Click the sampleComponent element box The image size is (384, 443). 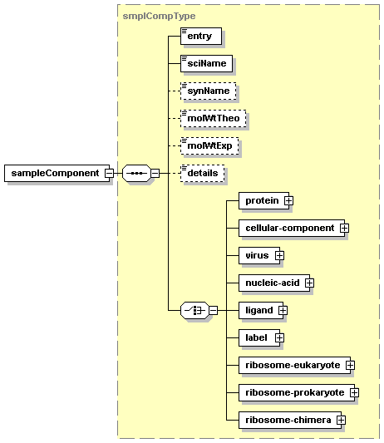coord(57,173)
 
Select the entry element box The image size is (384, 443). coord(201,36)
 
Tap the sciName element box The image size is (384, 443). coord(206,63)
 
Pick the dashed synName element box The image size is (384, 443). coord(209,91)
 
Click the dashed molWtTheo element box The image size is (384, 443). coord(213,118)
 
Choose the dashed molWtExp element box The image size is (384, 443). coord(209,145)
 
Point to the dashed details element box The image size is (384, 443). coord(202,173)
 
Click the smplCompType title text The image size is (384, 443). coord(159,16)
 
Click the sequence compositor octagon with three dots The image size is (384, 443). coord(136,173)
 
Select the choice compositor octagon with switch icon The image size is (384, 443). coord(194,311)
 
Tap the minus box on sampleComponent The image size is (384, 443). coord(109,173)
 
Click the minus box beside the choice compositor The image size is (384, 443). coord(214,311)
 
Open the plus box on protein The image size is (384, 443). coord(288,200)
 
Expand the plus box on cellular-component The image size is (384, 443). coord(344,228)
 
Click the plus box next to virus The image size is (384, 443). coord(279,256)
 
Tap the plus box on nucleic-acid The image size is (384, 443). coord(309,283)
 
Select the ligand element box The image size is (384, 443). coord(261,311)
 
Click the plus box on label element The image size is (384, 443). coord(279,338)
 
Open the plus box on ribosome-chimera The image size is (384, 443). coord(341,420)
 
